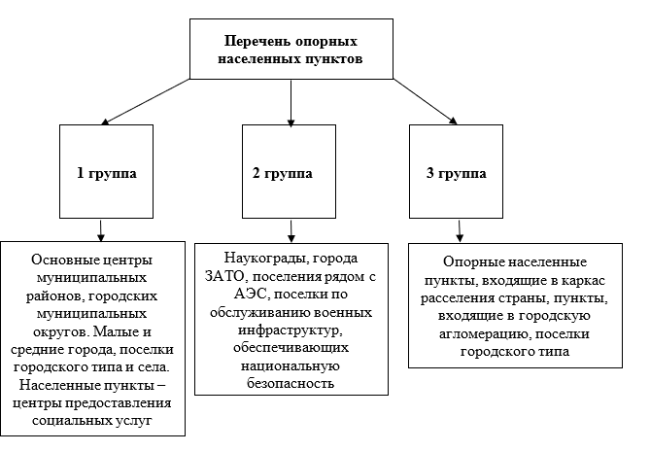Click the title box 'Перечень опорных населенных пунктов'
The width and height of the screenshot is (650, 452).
point(292,51)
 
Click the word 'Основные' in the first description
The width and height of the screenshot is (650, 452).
point(67,261)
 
